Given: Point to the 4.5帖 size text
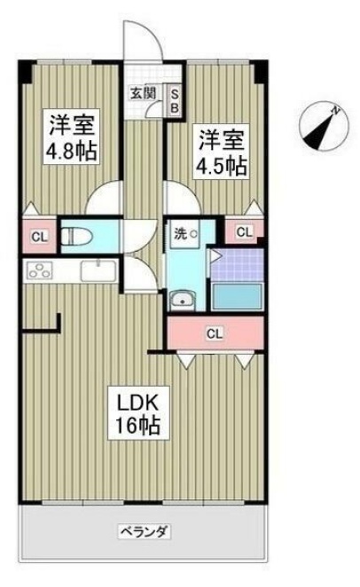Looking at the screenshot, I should coord(223,165).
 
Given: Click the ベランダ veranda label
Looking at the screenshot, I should coord(144,532).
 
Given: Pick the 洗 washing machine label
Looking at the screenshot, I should coord(180,234).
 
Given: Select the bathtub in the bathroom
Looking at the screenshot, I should coord(239,296).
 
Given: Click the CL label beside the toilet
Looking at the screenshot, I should coord(38,236).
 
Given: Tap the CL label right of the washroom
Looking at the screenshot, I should coord(245,231).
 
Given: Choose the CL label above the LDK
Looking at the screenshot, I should coord(215,334).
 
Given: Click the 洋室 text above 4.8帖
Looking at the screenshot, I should coord(72,121).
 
